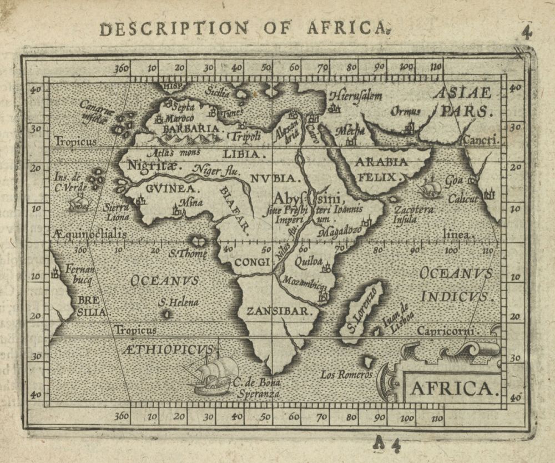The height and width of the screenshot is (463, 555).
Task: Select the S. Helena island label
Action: point(178,302)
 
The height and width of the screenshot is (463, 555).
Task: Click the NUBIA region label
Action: point(275,178)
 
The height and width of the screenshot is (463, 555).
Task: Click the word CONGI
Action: point(251,261)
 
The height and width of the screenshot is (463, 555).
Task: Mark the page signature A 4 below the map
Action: point(387,443)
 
